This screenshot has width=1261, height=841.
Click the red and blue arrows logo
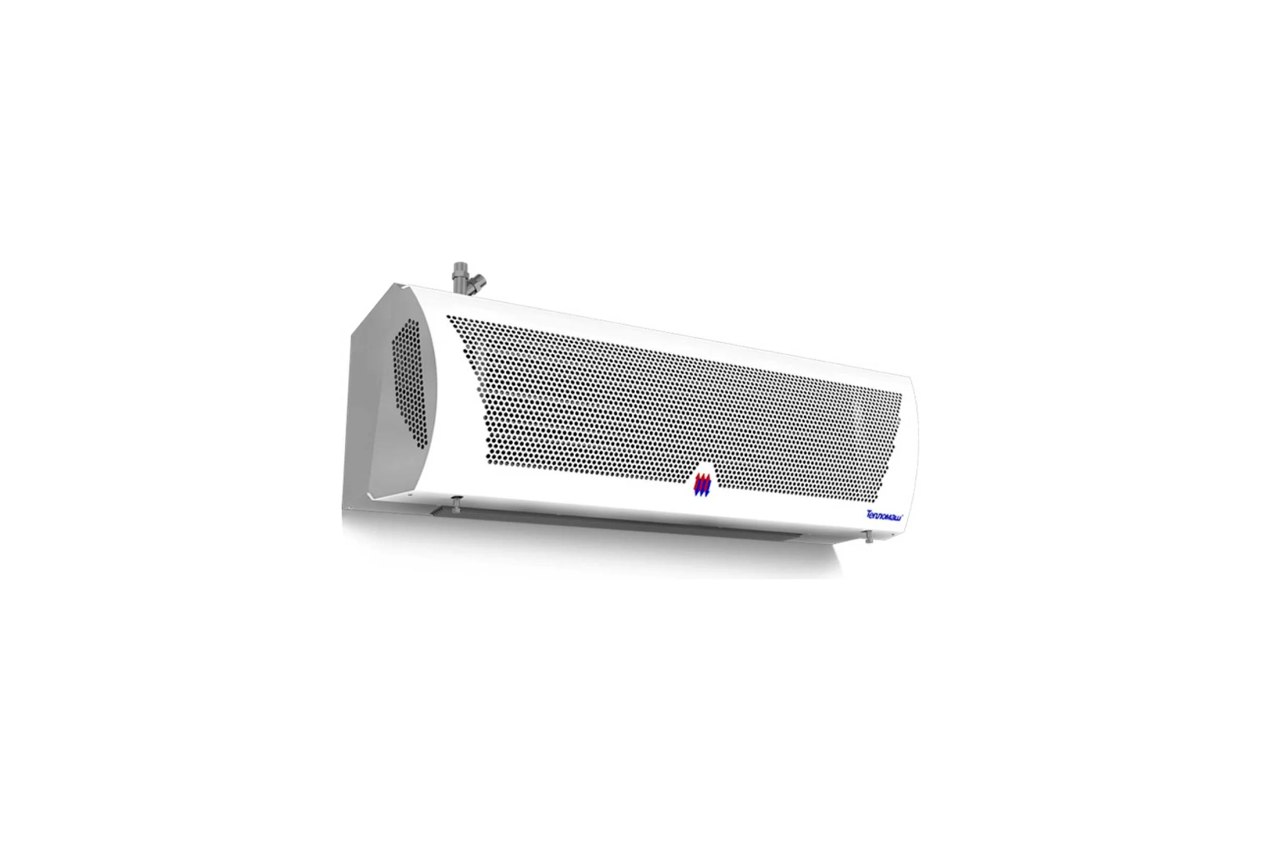pyautogui.click(x=702, y=484)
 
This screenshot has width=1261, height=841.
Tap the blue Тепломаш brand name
pyautogui.click(x=886, y=516)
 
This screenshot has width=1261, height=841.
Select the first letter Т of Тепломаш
pyautogui.click(x=870, y=514)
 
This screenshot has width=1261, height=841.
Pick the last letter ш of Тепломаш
pyautogui.click(x=902, y=518)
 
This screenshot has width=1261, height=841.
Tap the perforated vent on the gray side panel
pyautogui.click(x=410, y=384)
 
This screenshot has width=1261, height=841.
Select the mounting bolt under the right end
pyautogui.click(x=869, y=536)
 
